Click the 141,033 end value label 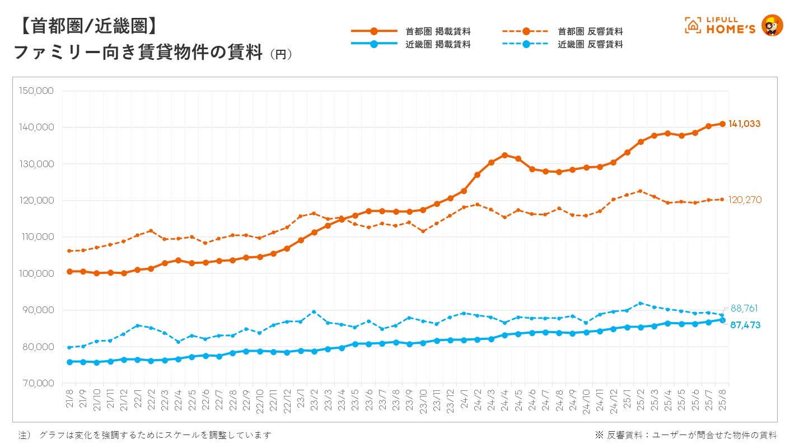pos(744,124)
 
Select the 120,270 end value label pos(745,200)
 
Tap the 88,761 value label pos(745,309)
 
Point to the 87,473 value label pos(745,325)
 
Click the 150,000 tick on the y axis pos(35,91)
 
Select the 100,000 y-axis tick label pos(35,273)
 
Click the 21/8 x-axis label pos(69,401)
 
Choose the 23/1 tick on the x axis pos(301,401)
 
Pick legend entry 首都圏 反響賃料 pos(590,31)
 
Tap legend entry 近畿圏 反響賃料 pos(590,44)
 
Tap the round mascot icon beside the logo pos(773,26)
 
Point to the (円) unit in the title pos(281,54)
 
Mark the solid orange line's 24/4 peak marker pos(504,155)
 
